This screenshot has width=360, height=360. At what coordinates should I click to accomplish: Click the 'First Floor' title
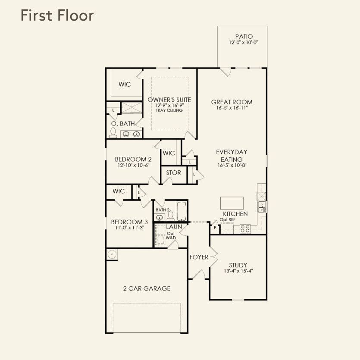click(x=57, y=16)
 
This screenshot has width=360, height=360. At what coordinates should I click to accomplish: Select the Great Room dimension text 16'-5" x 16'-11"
click(x=232, y=108)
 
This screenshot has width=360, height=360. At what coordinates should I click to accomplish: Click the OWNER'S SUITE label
click(x=169, y=100)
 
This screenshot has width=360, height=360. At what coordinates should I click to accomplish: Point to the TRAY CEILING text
click(x=169, y=110)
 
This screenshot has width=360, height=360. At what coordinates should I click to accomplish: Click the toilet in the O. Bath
click(x=113, y=132)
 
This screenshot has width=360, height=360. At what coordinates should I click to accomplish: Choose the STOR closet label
click(x=173, y=173)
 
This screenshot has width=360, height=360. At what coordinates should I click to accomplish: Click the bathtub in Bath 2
click(x=181, y=211)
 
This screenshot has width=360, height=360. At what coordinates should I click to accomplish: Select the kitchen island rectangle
click(x=232, y=203)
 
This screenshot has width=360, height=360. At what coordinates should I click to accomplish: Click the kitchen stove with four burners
click(x=245, y=229)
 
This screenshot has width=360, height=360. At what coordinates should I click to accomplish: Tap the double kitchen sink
click(x=261, y=207)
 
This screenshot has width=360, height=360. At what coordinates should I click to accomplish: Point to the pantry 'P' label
click(x=215, y=227)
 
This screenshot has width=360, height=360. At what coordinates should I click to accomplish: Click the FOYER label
click(x=199, y=257)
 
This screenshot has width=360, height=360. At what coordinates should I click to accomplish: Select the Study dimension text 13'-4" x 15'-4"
click(x=238, y=271)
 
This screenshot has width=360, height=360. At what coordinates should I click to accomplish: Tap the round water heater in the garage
click(x=111, y=254)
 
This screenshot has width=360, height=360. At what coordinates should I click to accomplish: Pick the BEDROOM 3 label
click(x=126, y=222)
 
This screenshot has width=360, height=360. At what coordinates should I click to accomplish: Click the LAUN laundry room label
click(x=174, y=226)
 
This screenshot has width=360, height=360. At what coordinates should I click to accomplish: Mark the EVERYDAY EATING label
click(x=232, y=156)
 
